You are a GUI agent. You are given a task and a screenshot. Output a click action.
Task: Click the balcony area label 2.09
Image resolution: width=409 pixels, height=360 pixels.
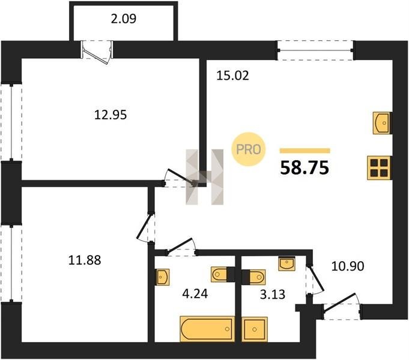pos(123,19)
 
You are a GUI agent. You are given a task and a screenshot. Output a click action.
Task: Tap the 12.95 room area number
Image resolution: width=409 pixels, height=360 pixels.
pos(111,115)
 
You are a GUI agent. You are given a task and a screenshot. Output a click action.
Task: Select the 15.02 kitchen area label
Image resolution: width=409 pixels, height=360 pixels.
pos(232,76)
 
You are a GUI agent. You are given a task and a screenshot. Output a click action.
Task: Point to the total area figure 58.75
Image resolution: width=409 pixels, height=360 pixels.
pos(304,168)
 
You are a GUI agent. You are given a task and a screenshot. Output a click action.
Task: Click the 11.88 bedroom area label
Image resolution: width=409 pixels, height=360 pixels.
pos(85,260)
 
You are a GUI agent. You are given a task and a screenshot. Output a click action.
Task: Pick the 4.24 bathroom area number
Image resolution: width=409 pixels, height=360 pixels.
pos(195,294)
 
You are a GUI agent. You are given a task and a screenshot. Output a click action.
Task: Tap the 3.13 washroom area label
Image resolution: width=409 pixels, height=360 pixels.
pos(273,295)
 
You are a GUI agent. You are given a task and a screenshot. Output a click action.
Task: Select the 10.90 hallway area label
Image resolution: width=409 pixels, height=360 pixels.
pos(348,266)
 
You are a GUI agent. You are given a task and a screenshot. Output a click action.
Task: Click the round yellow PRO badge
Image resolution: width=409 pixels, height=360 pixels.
pos(248,149)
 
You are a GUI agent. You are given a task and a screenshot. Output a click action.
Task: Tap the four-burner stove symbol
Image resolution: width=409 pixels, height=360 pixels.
pos(379,168)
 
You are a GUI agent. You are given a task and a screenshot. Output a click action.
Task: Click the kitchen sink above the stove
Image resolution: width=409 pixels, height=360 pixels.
pos(382,123)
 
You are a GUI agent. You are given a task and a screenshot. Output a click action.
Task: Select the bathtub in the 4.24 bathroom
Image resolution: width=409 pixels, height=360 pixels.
pos(207,329)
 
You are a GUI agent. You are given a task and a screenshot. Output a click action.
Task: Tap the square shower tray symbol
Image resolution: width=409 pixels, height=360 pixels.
pos(255,329)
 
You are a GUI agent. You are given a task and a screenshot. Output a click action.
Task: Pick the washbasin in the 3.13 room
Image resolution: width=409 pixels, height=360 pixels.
pos(286,264)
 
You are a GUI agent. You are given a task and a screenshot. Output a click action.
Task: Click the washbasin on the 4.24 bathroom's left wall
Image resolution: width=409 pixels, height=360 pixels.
pos(162,277)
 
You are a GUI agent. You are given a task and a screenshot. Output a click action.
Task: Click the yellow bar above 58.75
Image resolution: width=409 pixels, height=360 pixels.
pos(305,151)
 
